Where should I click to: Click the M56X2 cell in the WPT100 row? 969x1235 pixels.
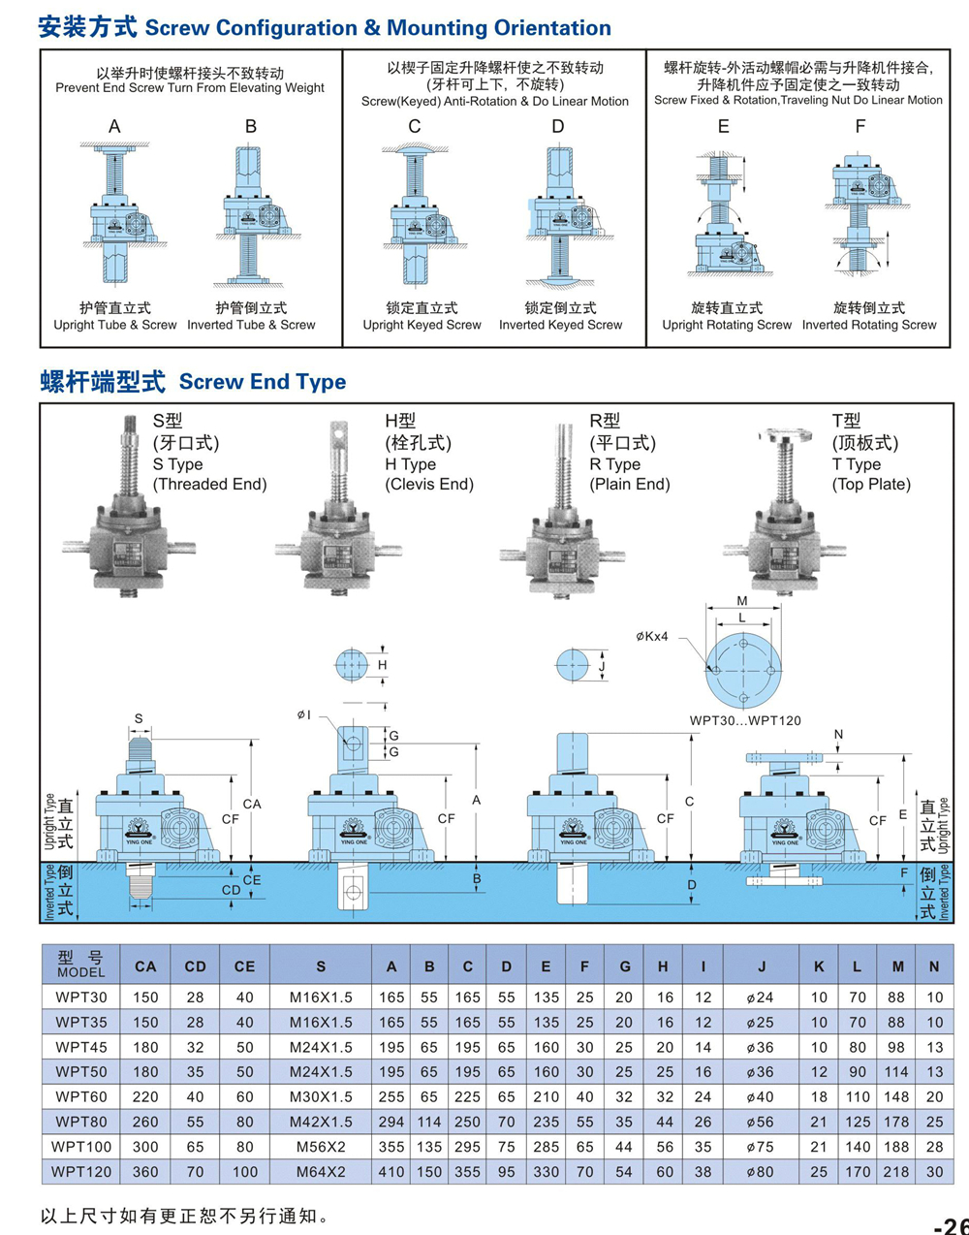point(321,1147)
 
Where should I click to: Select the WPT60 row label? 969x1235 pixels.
point(81,1096)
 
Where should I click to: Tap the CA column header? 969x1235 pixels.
point(145,966)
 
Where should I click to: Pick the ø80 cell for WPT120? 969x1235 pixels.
point(761,1172)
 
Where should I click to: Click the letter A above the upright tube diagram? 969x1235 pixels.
point(114,127)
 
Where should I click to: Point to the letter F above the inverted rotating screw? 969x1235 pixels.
point(860,127)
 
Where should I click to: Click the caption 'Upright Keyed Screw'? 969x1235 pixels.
point(422,325)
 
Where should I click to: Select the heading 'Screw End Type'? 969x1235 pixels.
point(263,382)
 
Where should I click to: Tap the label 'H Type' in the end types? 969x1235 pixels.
point(410,464)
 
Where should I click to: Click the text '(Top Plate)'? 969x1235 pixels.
point(871,484)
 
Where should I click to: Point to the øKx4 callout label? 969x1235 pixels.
point(652,636)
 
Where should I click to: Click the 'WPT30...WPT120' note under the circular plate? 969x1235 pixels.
point(745,720)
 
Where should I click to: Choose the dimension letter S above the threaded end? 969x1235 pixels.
point(139,719)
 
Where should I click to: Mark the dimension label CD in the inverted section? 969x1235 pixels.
point(231,890)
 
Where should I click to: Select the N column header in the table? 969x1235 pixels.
point(934,966)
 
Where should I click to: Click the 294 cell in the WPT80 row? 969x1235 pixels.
point(391,1122)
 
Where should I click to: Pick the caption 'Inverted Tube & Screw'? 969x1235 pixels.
point(251,325)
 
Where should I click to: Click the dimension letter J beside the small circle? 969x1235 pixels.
point(602,667)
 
